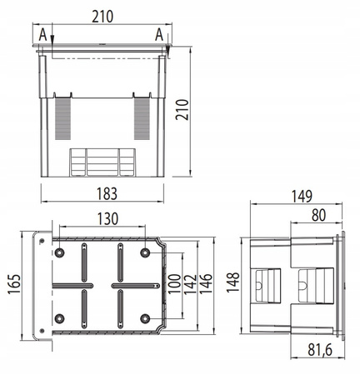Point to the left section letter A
pos(42,33)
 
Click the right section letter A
pos(158,33)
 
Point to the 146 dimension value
pos(207,284)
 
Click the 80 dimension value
pos(317,216)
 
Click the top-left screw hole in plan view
pos(59,252)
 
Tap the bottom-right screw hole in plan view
pos(146,317)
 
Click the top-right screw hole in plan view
pos(146,252)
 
